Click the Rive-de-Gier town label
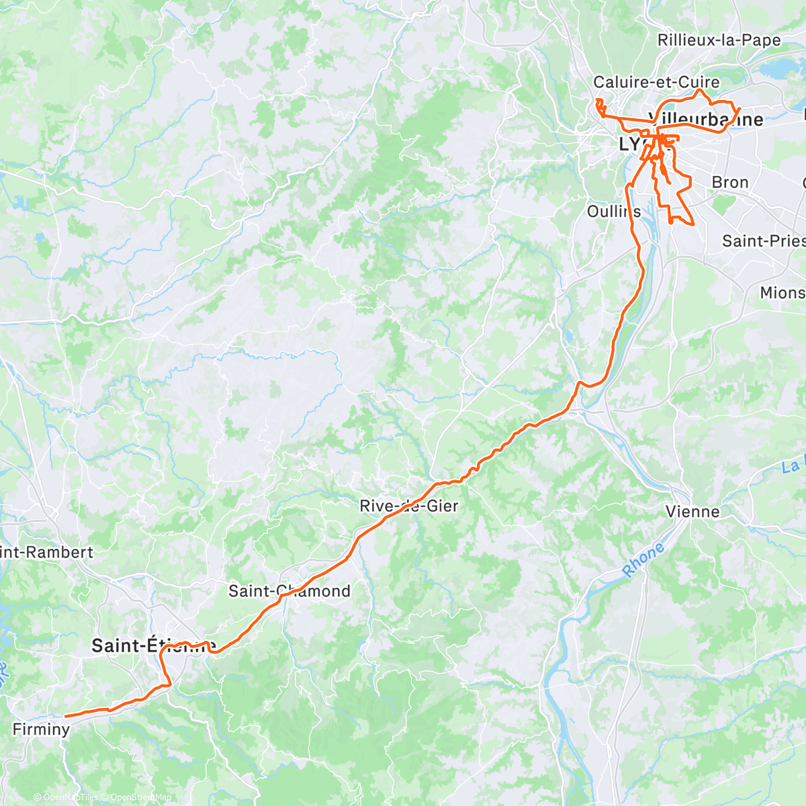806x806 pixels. pos(408,506)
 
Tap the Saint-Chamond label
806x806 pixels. pos(289,591)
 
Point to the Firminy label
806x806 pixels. pos(41,729)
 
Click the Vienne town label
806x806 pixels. pos(692,512)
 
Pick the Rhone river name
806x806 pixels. pos(643,560)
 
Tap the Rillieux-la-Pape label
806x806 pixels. pos(719,40)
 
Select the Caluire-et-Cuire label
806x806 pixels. pos(656,82)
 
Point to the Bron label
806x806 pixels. pos(729,182)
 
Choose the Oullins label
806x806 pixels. pos(613,211)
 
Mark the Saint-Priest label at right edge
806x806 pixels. pos(763,240)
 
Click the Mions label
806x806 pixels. pos(782,292)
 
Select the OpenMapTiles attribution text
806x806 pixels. pos(70,797)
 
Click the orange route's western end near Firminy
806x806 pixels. pos(65,716)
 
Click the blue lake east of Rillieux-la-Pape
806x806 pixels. pos(779,68)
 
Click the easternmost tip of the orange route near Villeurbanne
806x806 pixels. pos(740,109)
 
